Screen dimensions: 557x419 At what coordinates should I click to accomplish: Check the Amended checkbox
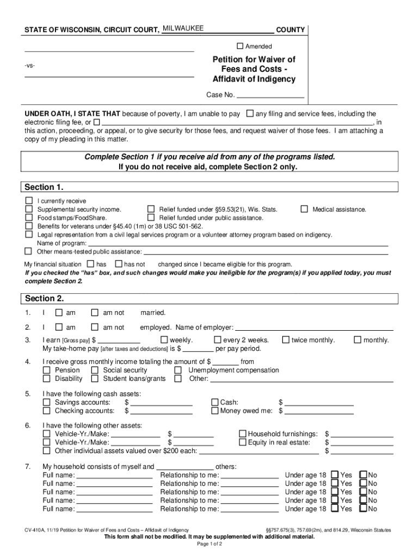click(240, 46)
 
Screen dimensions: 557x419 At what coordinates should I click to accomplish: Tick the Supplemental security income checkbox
click(28, 209)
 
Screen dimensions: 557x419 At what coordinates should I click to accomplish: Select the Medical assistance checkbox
click(304, 209)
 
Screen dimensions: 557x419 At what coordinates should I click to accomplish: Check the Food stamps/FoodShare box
click(28, 218)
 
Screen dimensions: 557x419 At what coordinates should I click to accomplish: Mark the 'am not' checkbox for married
click(95, 313)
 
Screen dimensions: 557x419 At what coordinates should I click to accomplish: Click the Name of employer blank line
click(313, 327)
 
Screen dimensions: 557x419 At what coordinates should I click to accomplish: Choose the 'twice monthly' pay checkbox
click(285, 340)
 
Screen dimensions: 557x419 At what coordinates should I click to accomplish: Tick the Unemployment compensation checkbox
click(178, 370)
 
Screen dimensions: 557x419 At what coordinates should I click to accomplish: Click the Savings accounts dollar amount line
click(161, 403)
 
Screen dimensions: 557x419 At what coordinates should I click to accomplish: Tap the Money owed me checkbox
click(214, 411)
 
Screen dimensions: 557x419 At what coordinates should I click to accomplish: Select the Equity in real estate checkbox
click(243, 442)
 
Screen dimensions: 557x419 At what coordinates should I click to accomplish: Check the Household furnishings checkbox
click(243, 434)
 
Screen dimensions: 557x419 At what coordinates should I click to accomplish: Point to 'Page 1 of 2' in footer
click(209, 544)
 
